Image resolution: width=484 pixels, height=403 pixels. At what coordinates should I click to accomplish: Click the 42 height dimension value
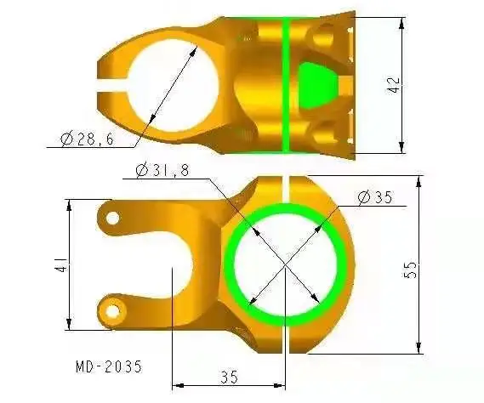[x=393, y=83]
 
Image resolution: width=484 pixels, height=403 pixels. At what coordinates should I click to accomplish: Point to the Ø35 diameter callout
[x=374, y=198]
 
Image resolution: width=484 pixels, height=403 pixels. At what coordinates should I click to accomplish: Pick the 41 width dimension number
[x=59, y=265]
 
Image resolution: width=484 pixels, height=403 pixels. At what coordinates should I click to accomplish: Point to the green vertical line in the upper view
[x=287, y=85]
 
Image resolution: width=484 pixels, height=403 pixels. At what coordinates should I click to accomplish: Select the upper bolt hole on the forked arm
[x=111, y=219]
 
